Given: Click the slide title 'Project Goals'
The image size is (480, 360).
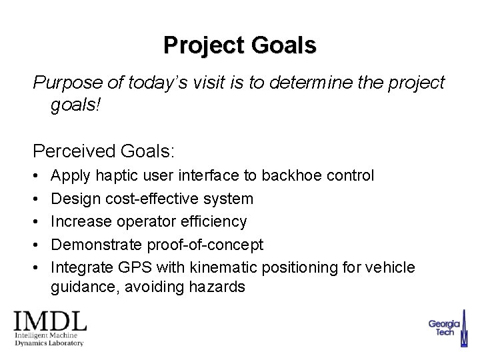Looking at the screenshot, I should (240, 45).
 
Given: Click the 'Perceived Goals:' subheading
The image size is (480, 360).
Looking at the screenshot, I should (105, 151).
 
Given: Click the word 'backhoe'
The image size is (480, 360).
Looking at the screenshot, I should (289, 175).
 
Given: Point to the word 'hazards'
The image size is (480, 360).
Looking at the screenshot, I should (219, 287).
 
